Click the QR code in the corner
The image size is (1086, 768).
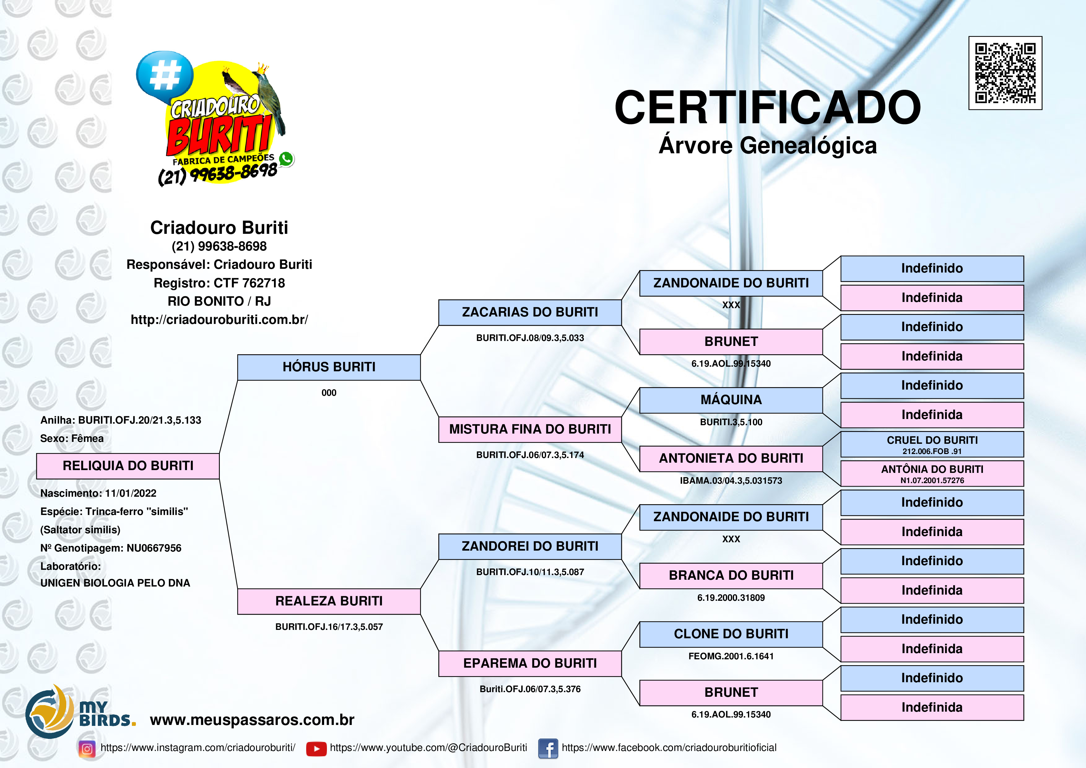(1005, 73)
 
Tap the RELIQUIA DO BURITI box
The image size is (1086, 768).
(128, 466)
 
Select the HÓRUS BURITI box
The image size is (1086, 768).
(329, 367)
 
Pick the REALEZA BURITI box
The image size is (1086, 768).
(329, 601)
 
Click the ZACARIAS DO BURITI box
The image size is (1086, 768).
(530, 312)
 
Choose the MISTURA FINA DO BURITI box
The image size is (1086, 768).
(530, 430)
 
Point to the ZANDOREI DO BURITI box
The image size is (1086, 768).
(530, 547)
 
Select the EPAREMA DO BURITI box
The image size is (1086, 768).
(530, 663)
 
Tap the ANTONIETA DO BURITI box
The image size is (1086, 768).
(731, 459)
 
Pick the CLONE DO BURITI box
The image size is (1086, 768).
(731, 634)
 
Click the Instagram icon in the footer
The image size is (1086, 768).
(87, 748)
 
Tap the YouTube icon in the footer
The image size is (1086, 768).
(316, 748)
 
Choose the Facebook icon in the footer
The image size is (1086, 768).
(548, 748)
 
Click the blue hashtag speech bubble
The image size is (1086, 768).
(165, 76)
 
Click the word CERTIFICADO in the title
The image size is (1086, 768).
(767, 107)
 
